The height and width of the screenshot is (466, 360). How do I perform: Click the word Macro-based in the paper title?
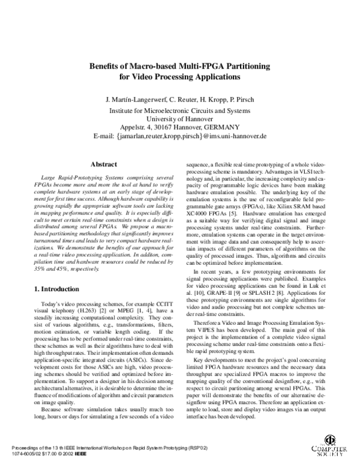pyautogui.click(x=146, y=65)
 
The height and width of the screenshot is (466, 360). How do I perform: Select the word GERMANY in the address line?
pyautogui.click(x=221, y=127)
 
